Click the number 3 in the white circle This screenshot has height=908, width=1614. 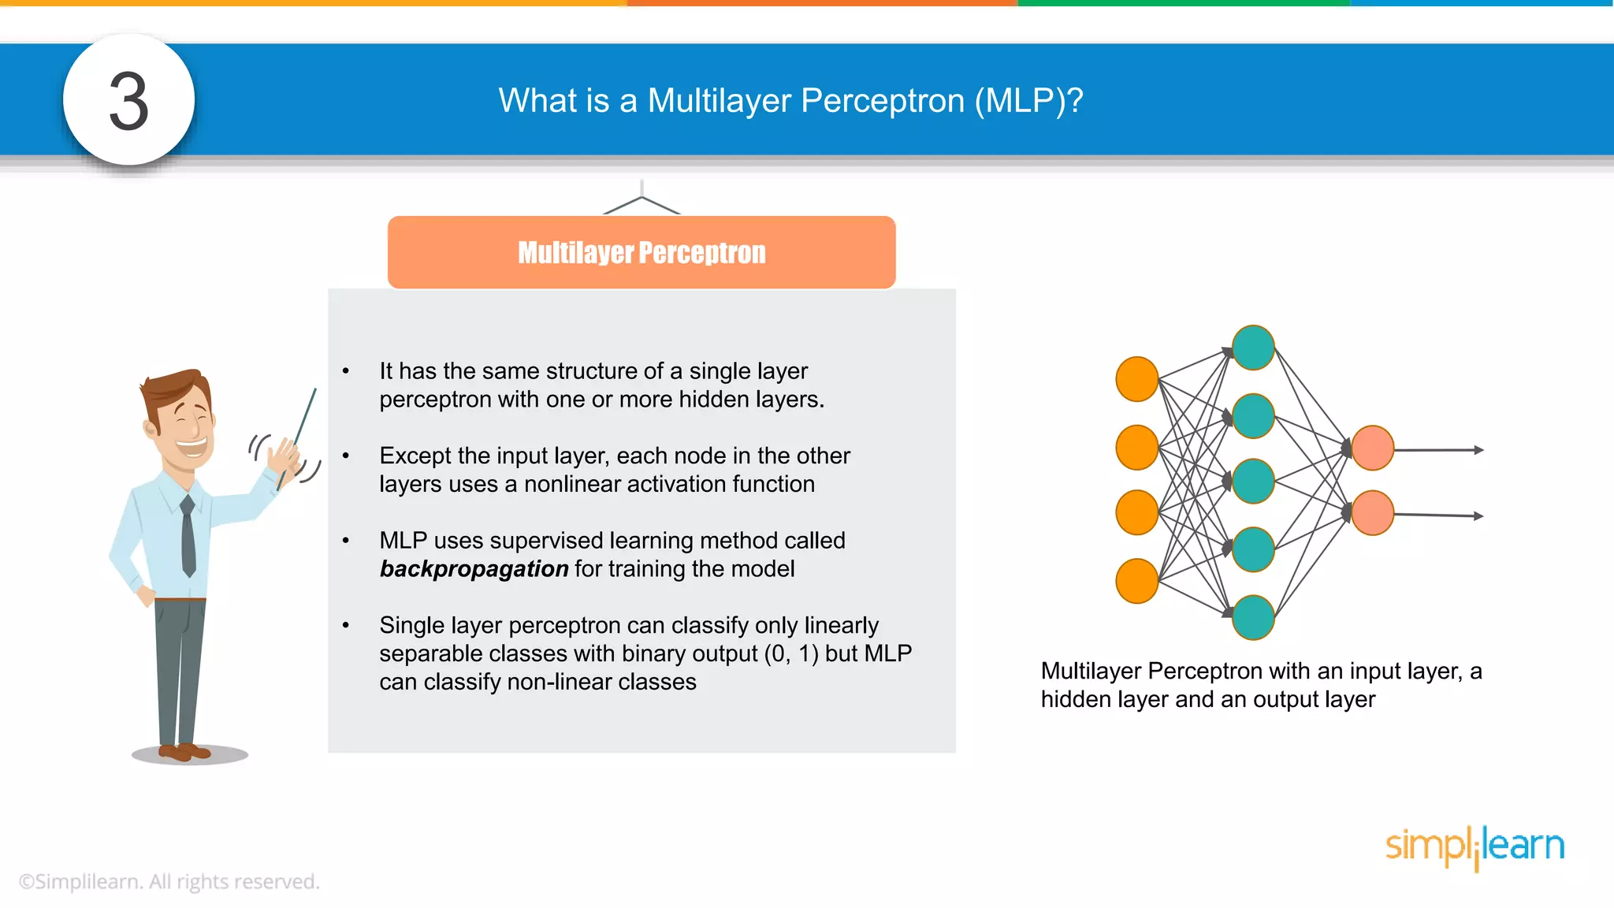pyautogui.click(x=128, y=101)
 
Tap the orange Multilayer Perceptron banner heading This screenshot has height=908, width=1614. pyautogui.click(x=642, y=252)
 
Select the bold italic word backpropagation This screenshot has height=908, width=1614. pyautogui.click(x=474, y=569)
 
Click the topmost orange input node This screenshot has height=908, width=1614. pyautogui.click(x=1136, y=379)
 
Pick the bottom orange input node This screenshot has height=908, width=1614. pyautogui.click(x=1136, y=581)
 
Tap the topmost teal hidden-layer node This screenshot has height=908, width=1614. pyautogui.click(x=1253, y=348)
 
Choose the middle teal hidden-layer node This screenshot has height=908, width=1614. pyautogui.click(x=1253, y=481)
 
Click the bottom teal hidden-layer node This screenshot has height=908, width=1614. pyautogui.click(x=1253, y=617)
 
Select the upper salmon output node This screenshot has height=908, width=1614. pyautogui.click(x=1372, y=448)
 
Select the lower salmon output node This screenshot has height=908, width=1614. pyautogui.click(x=1372, y=513)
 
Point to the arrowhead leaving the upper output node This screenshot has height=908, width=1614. pyautogui.click(x=1478, y=450)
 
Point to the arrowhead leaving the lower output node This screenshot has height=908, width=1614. pyautogui.click(x=1478, y=516)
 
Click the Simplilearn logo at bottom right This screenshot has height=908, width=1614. pyautogui.click(x=1475, y=847)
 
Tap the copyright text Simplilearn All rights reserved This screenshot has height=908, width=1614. pyautogui.click(x=169, y=881)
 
